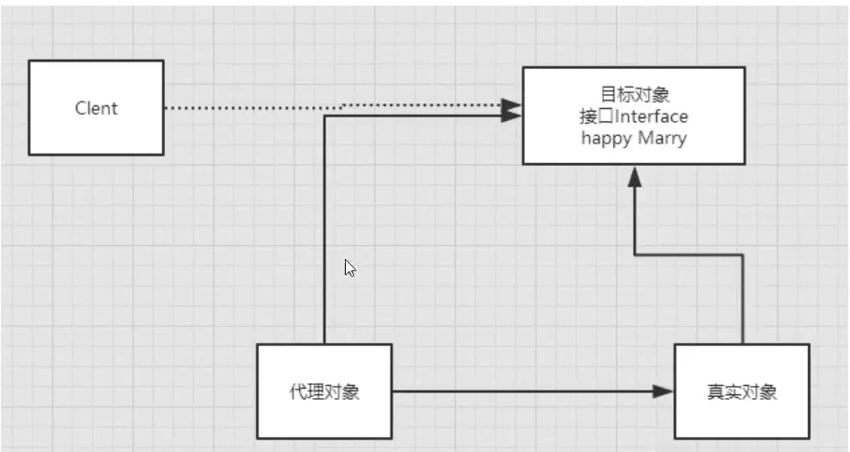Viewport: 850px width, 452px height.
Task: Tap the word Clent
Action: pyautogui.click(x=96, y=108)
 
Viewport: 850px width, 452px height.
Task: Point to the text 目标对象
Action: pyautogui.click(x=634, y=95)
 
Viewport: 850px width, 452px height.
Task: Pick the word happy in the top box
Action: pyautogui.click(x=607, y=138)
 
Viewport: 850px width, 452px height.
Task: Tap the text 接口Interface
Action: pyautogui.click(x=634, y=116)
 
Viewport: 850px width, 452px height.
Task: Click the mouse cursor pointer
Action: pyautogui.click(x=350, y=268)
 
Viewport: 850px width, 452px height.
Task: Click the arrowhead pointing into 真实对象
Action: pyautogui.click(x=664, y=391)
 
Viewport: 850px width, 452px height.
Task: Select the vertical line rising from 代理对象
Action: pyautogui.click(x=324, y=233)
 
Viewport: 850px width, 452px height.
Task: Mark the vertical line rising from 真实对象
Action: pyautogui.click(x=742, y=298)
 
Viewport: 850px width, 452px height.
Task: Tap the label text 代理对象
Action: pyautogui.click(x=323, y=391)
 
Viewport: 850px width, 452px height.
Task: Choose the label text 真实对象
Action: pyautogui.click(x=741, y=392)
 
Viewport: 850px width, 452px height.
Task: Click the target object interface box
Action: pyautogui.click(x=634, y=149)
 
